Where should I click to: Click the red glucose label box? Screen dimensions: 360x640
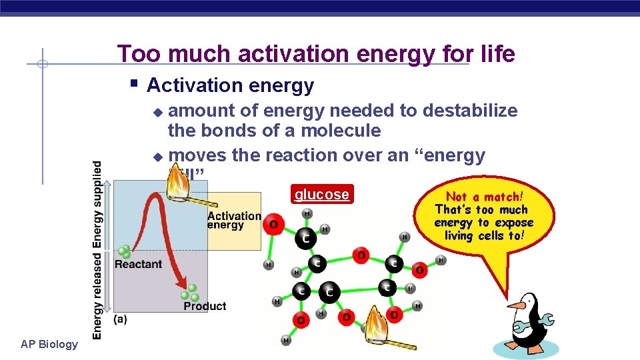(x=322, y=195)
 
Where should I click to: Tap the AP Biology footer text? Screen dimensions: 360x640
(x=49, y=345)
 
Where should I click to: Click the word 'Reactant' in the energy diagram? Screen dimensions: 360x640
(x=138, y=264)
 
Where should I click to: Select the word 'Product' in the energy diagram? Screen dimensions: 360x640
(x=205, y=306)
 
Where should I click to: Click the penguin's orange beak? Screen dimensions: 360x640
(x=516, y=305)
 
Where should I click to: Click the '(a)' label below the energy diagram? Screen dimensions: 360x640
(x=120, y=319)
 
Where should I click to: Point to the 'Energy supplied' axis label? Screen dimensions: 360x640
(x=97, y=204)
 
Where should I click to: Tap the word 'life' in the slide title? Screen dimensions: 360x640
(x=497, y=54)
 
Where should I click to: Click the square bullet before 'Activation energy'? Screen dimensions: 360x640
(x=134, y=84)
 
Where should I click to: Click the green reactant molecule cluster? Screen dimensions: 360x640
(x=124, y=252)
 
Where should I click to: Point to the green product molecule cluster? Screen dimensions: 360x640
(x=190, y=293)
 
